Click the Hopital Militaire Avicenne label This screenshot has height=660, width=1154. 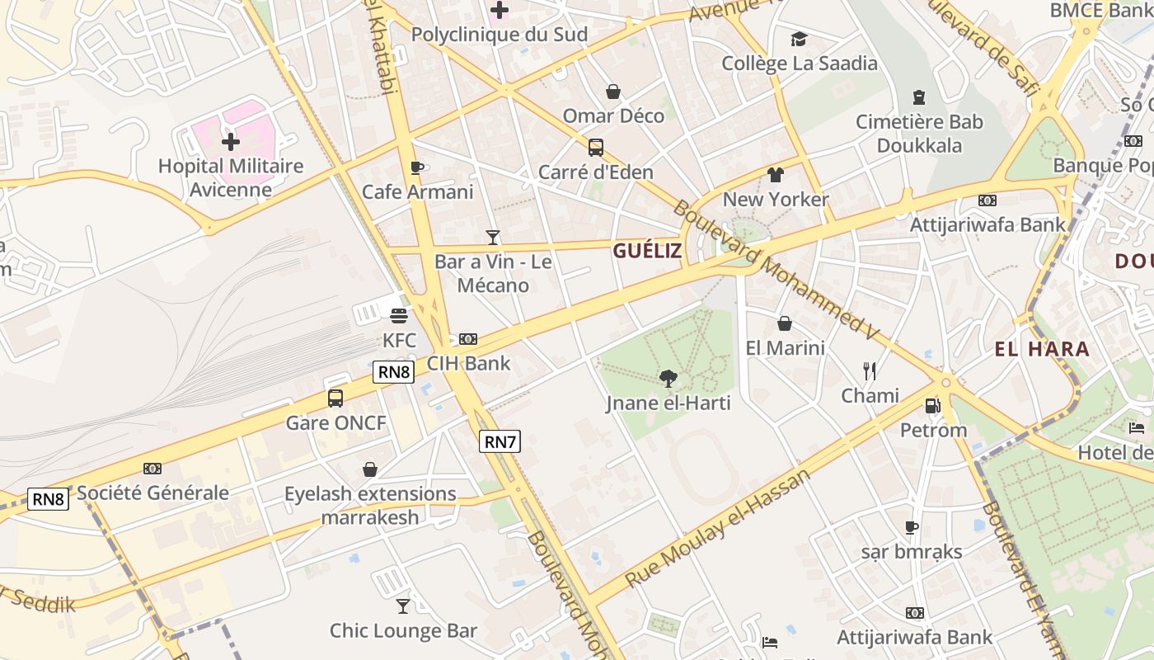click(x=231, y=177)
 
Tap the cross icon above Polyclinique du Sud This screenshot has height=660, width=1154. click(x=500, y=11)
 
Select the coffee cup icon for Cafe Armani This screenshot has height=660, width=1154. click(x=417, y=168)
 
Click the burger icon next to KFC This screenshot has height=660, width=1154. click(x=399, y=316)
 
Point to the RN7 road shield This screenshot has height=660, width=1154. click(x=500, y=441)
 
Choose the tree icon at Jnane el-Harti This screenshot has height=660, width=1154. click(x=668, y=379)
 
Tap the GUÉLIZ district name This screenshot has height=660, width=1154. click(x=647, y=251)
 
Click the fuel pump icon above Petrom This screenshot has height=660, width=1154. click(x=933, y=406)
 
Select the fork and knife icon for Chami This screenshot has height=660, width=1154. click(x=870, y=370)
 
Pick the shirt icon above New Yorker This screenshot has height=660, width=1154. click(x=776, y=175)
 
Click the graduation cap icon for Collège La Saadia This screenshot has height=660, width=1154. click(x=799, y=39)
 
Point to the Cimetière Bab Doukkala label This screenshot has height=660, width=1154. click(x=919, y=134)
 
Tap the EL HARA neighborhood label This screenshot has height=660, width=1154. click(x=1042, y=349)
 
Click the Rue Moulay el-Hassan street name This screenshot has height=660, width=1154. click(x=718, y=528)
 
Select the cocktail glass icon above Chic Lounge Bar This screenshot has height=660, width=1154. click(x=403, y=606)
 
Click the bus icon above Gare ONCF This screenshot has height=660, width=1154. click(x=335, y=398)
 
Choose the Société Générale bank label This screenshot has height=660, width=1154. click(x=152, y=493)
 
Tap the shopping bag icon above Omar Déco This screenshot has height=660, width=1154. click(x=613, y=92)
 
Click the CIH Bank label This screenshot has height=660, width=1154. click(x=468, y=363)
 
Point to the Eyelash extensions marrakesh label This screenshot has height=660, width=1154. click(x=370, y=506)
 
